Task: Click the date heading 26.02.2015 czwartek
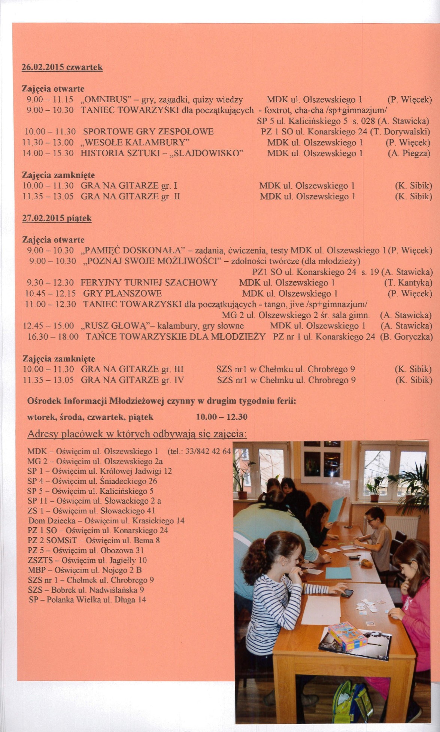click(x=62, y=67)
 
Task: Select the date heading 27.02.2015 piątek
click(x=57, y=218)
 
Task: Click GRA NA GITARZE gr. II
click(x=130, y=197)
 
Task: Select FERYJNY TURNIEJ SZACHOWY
click(x=149, y=283)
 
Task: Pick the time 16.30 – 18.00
click(x=54, y=337)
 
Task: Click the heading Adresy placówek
click(x=137, y=434)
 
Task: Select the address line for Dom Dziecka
click(x=106, y=521)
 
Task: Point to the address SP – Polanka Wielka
click(x=87, y=600)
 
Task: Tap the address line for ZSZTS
click(x=87, y=561)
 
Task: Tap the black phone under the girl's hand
click(x=347, y=593)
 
